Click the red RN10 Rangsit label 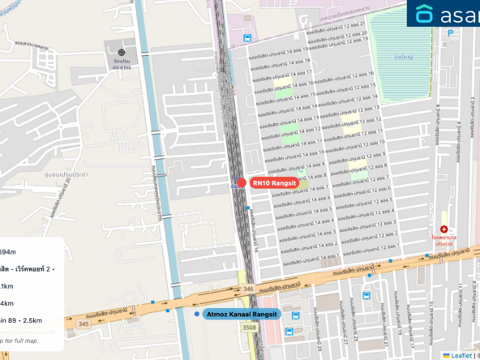(x=274, y=183)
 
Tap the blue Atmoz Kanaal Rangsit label (x=241, y=314)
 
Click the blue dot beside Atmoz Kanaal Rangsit (x=197, y=314)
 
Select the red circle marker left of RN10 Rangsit (x=242, y=183)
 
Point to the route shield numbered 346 (x=247, y=289)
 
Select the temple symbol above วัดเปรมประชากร (x=122, y=53)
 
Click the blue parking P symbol (x=451, y=33)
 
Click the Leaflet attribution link (x=458, y=354)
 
